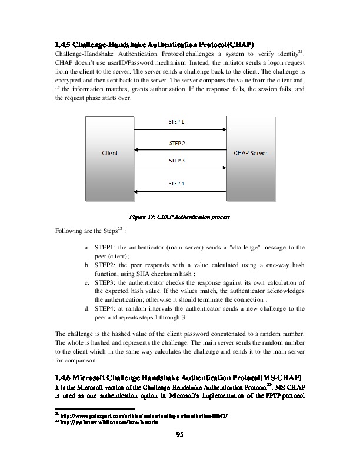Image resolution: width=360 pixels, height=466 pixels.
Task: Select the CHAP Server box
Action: pyautogui.click(x=251, y=153)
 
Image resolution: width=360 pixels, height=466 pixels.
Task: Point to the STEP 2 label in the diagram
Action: pyautogui.click(x=176, y=144)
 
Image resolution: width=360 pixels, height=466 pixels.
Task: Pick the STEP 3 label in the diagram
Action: pyautogui.click(x=176, y=159)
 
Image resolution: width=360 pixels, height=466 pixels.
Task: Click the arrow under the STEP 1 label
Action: pyautogui.click(x=181, y=129)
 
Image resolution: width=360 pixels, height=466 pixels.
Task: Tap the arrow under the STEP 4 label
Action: pyautogui.click(x=181, y=191)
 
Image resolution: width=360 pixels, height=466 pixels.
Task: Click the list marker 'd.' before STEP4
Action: pyautogui.click(x=87, y=308)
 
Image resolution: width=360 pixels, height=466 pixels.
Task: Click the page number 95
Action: pyautogui.click(x=180, y=435)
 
